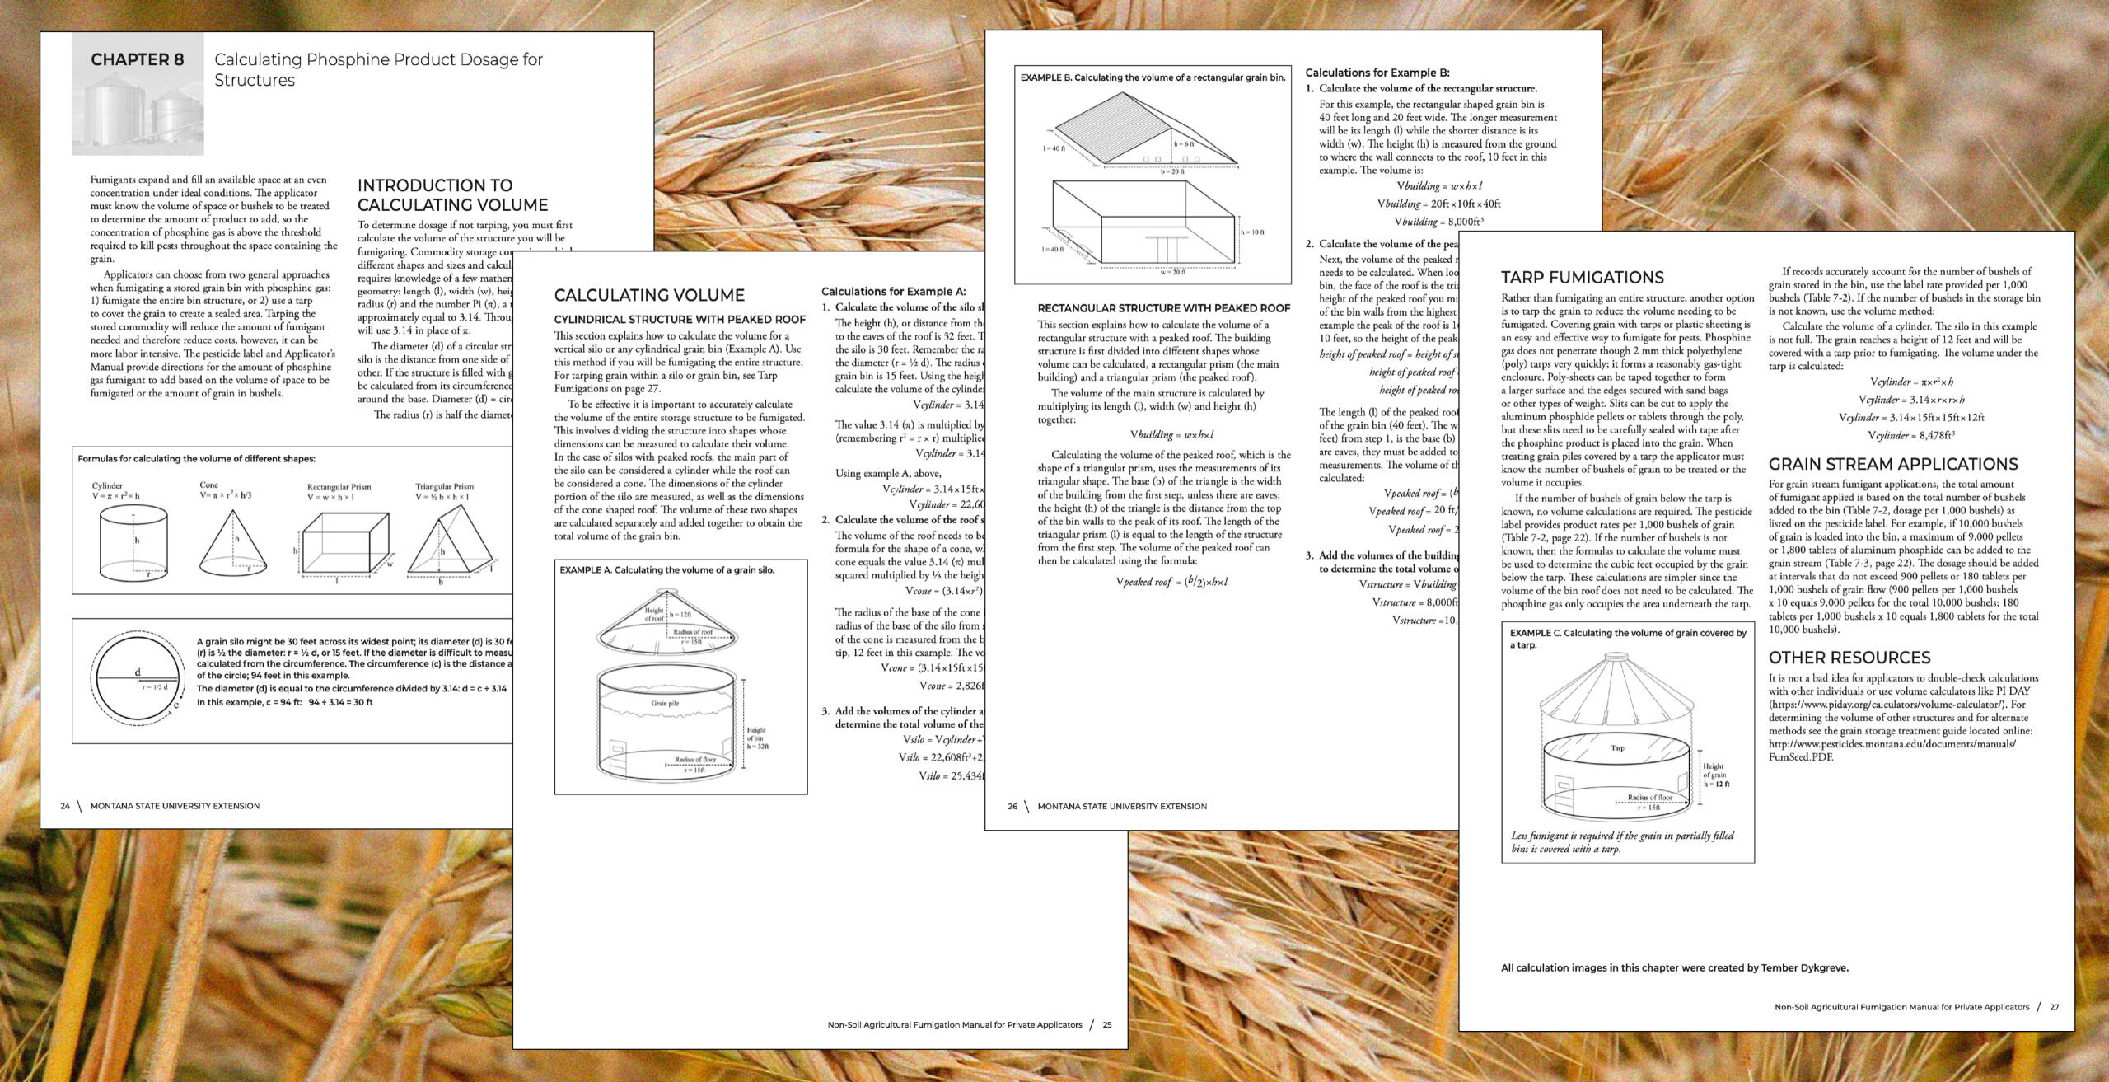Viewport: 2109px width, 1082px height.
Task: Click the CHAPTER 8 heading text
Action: pos(138,59)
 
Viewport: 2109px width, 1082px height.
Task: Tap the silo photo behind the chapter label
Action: pos(136,115)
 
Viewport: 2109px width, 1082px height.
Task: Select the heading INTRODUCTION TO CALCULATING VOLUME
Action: pos(452,195)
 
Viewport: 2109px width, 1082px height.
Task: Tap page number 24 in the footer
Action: pos(65,806)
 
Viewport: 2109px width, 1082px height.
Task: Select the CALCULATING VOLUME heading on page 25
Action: pos(649,295)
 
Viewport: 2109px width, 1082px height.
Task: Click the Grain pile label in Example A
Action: pos(665,703)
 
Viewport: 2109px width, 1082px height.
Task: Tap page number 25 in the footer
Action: pos(1107,1025)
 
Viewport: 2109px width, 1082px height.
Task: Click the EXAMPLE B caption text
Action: pos(1153,77)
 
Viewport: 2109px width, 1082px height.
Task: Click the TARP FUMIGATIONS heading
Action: pos(1582,278)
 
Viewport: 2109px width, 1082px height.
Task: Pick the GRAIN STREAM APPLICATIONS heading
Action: pos(1893,464)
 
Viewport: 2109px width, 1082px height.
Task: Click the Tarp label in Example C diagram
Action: pos(1617,748)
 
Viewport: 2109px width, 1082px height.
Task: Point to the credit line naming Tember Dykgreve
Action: pos(1674,968)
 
